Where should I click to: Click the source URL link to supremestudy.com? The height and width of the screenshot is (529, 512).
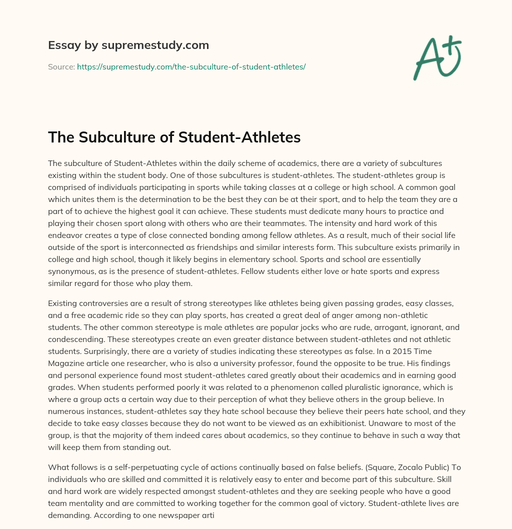[191, 66]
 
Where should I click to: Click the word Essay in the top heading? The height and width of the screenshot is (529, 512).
[62, 45]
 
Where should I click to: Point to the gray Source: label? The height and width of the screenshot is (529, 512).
[61, 66]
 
